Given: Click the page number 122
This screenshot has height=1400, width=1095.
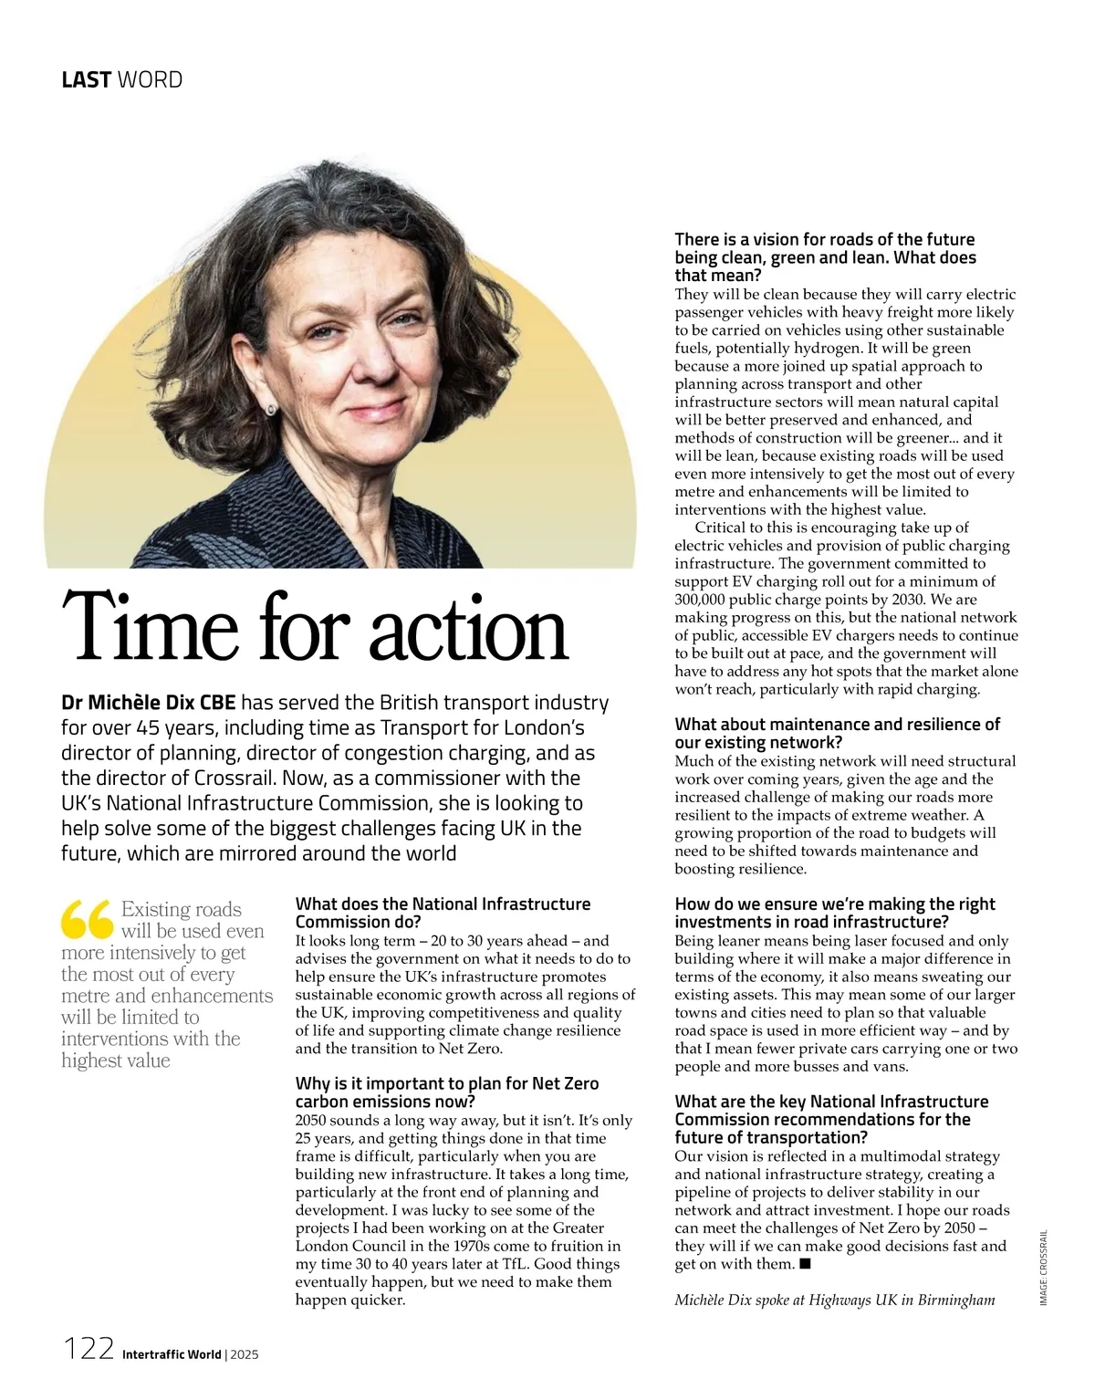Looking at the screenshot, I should click(x=88, y=1348).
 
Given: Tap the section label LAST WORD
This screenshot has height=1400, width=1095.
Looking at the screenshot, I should click(x=121, y=80).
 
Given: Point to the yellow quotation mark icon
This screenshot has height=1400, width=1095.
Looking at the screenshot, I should click(x=87, y=920).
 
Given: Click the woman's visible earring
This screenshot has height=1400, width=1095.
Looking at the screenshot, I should click(x=271, y=409).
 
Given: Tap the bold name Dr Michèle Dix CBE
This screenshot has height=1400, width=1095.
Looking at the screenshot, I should click(x=149, y=703).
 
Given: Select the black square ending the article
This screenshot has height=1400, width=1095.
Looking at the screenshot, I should click(x=804, y=1264).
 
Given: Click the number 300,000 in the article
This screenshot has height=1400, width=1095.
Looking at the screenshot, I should click(x=704, y=600).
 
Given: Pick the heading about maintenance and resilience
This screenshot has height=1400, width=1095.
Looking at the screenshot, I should click(x=837, y=734).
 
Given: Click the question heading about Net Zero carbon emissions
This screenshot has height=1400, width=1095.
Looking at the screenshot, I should click(x=447, y=1092).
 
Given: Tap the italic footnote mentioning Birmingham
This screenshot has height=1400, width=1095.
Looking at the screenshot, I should click(x=834, y=1300).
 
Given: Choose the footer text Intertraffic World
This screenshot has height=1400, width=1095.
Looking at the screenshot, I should click(x=172, y=1354).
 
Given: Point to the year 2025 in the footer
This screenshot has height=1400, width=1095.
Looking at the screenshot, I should click(x=245, y=1354).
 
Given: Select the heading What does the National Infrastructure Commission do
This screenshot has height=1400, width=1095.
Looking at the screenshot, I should click(x=443, y=913).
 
